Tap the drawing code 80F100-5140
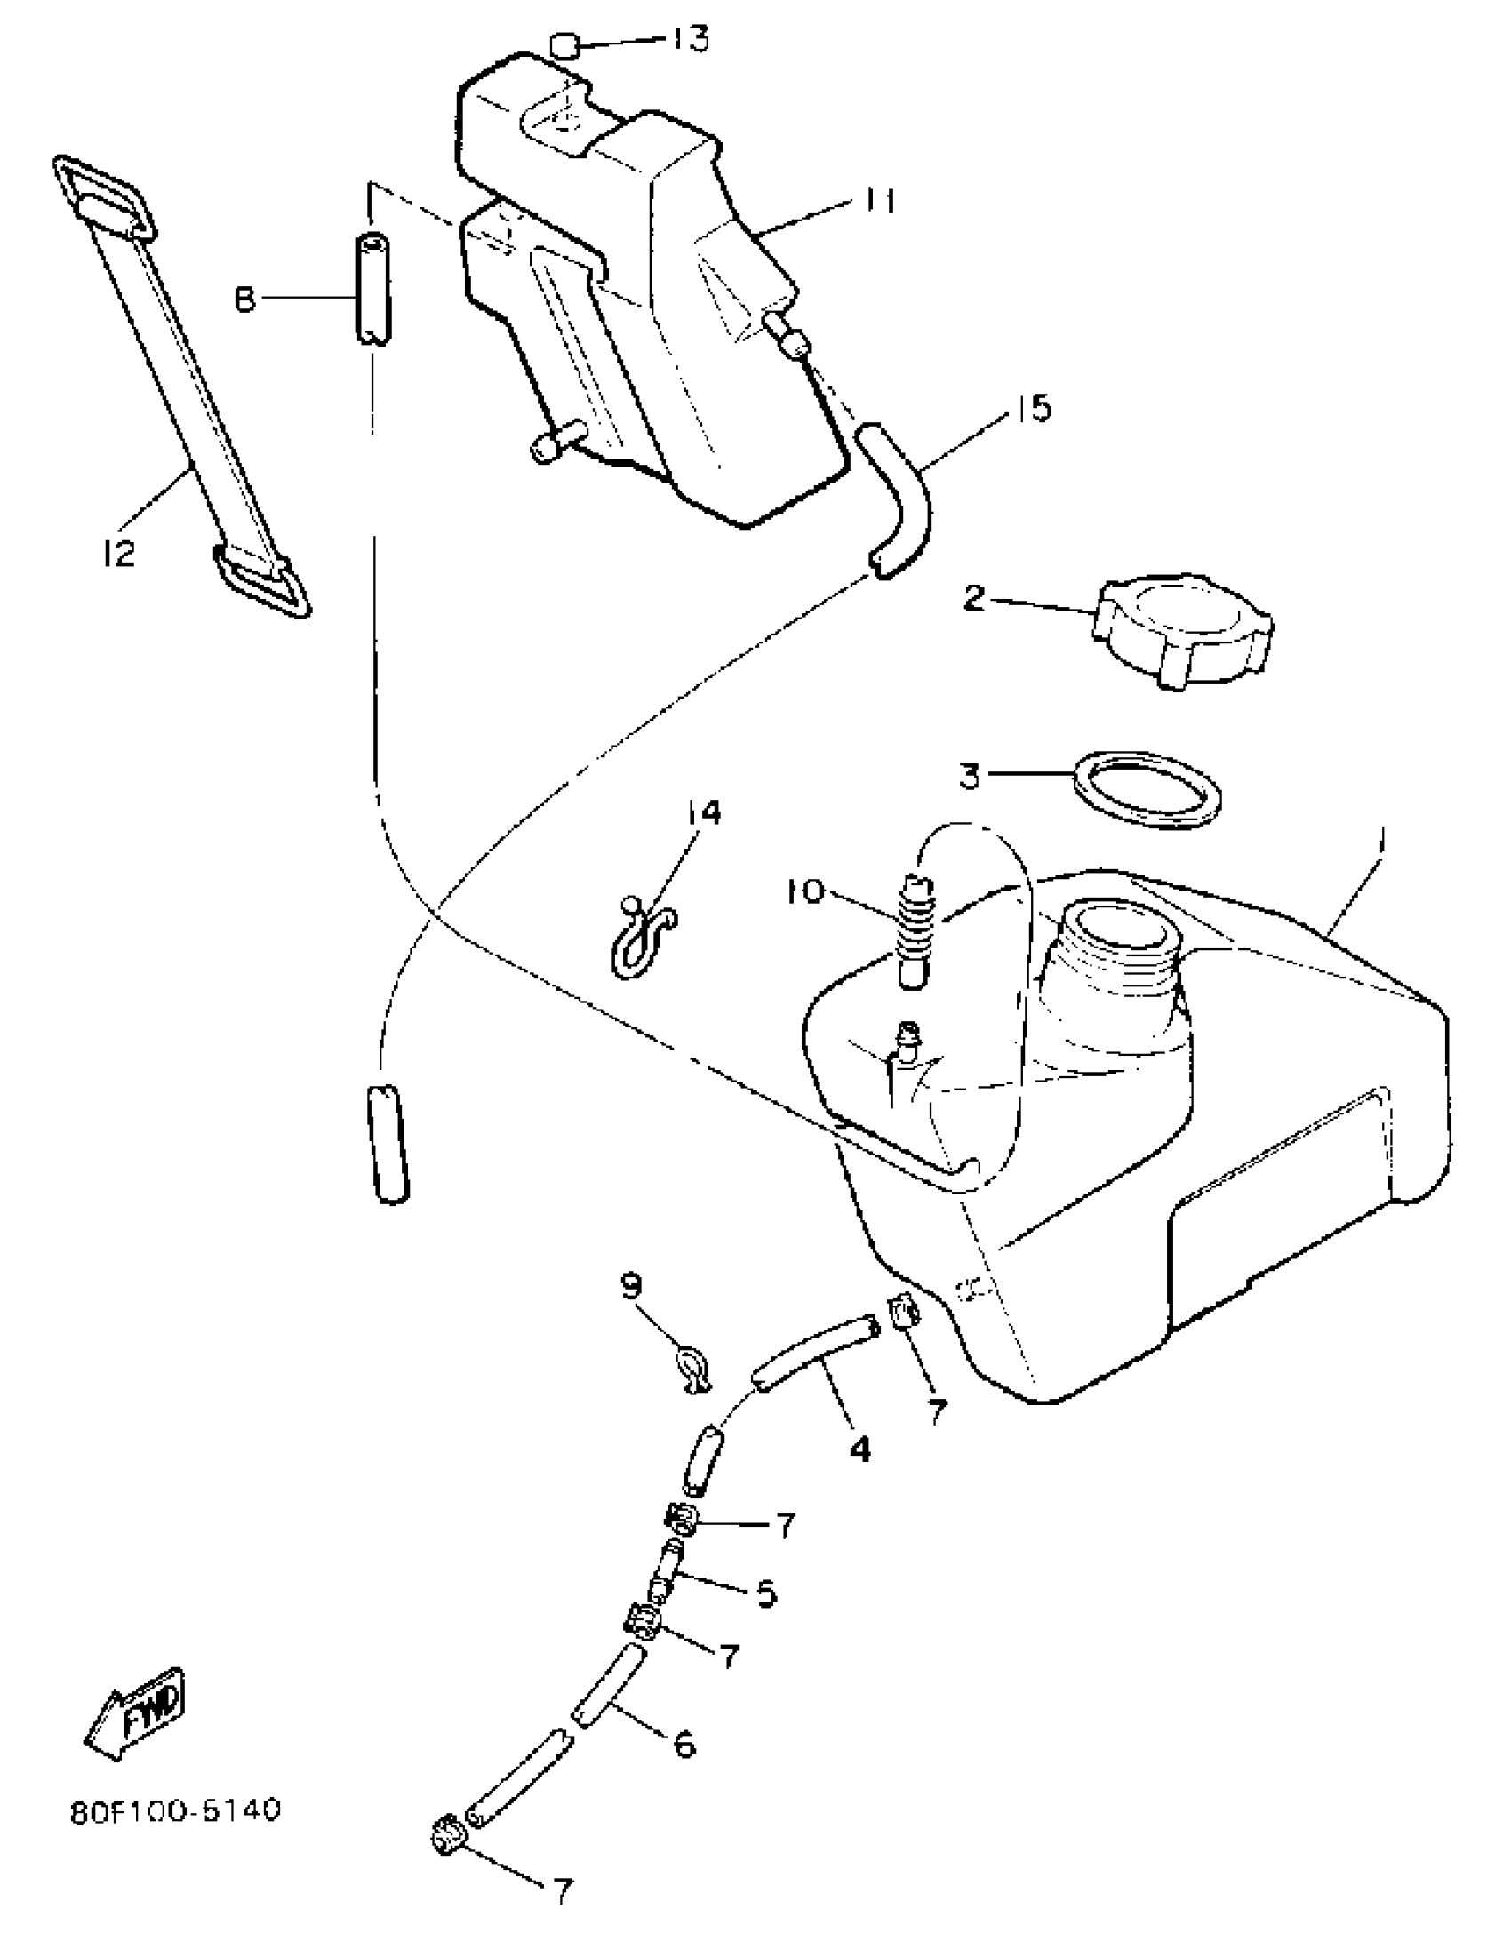pos(175,1810)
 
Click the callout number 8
pos(244,300)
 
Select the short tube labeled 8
pos(374,289)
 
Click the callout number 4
pos(859,1450)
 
